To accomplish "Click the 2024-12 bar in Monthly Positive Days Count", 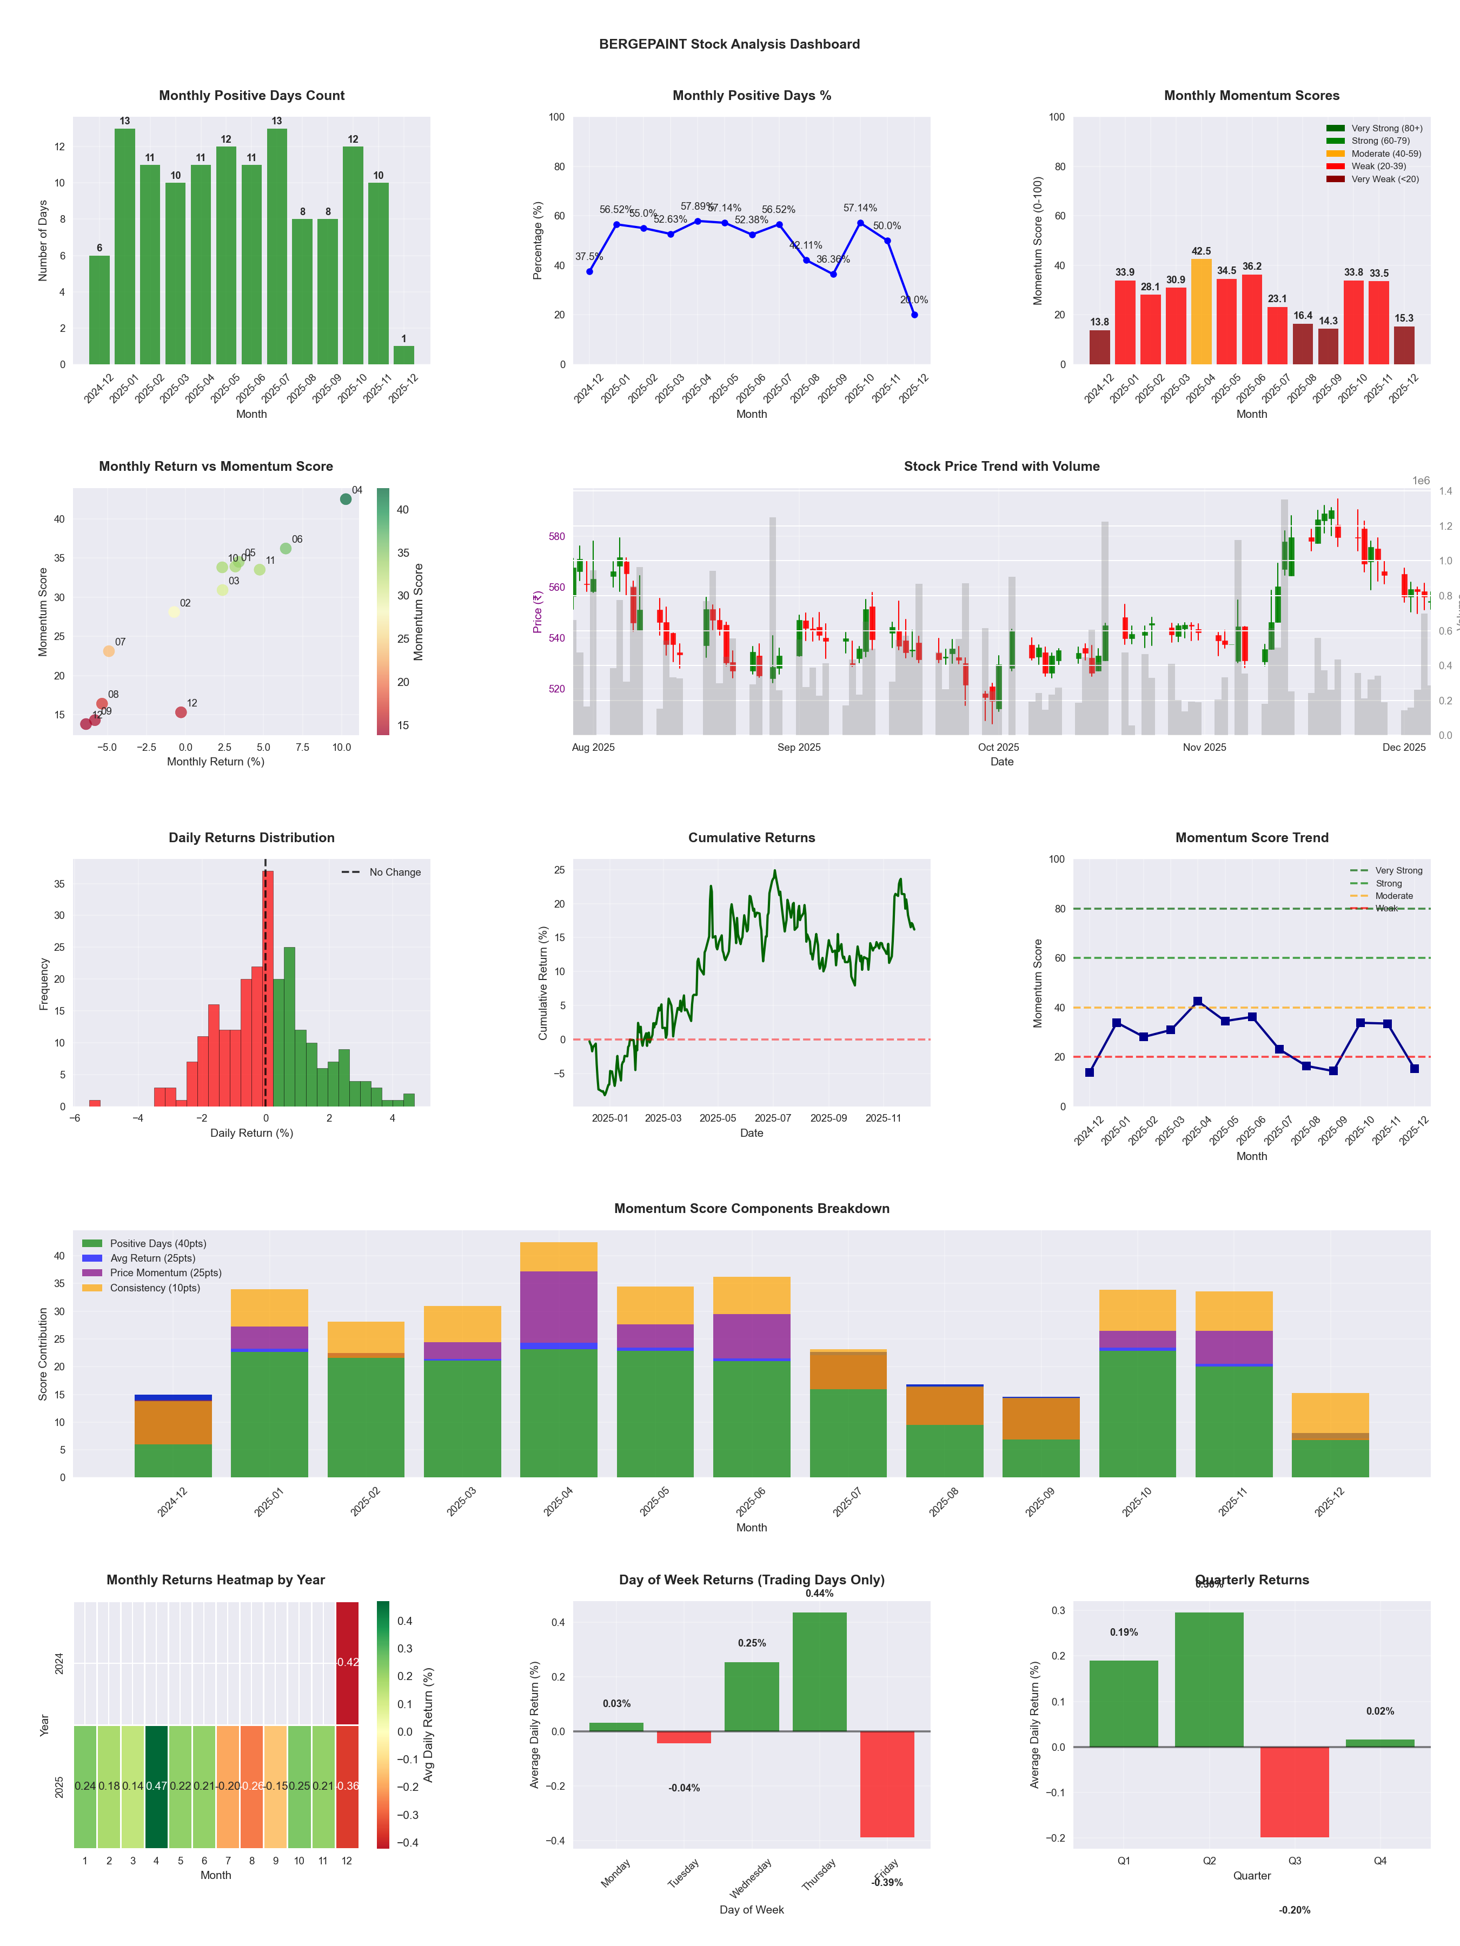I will tap(99, 310).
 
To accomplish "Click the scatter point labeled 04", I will tap(346, 499).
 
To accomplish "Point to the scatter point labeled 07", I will tap(108, 651).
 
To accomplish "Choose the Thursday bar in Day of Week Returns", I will tap(819, 1671).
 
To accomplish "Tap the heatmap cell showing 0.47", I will tap(157, 1786).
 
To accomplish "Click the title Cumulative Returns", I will tap(752, 837).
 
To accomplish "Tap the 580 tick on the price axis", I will tap(556, 537).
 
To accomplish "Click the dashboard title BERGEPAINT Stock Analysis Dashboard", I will tap(729, 44).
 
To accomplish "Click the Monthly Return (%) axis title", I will tap(216, 762).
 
